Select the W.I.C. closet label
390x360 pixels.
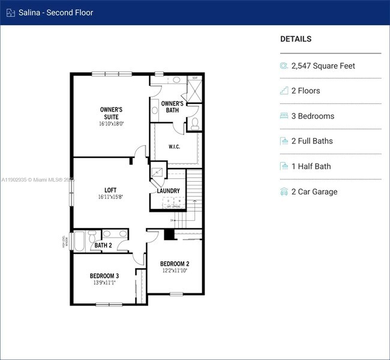click(174, 146)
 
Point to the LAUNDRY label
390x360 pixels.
click(169, 191)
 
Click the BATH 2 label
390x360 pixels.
click(103, 245)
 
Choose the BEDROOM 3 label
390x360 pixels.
click(104, 275)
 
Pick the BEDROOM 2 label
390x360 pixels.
click(175, 263)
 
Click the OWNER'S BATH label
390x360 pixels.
click(172, 106)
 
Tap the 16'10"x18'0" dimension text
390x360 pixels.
click(111, 124)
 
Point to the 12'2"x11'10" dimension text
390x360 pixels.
click(175, 271)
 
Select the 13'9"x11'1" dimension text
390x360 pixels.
click(104, 283)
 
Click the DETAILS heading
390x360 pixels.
click(296, 39)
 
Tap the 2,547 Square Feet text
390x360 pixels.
click(323, 66)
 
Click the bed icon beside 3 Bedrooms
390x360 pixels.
click(284, 116)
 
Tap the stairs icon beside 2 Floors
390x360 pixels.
click(284, 91)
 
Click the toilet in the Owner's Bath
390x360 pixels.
click(196, 123)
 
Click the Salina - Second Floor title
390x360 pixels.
click(55, 12)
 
